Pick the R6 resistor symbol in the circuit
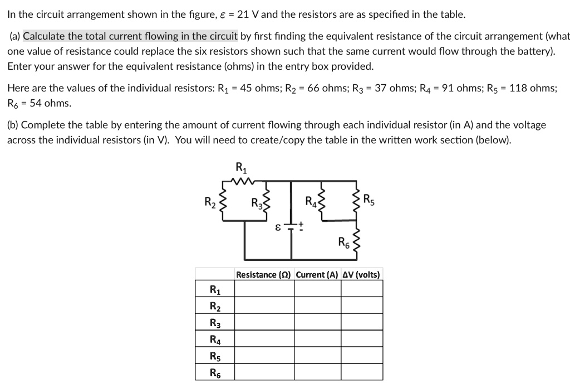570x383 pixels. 356,241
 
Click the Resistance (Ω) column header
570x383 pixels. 264,274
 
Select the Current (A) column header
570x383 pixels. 317,274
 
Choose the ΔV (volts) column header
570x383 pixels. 362,274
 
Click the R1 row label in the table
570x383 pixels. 215,289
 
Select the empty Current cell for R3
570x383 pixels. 317,322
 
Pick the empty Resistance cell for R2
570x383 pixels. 264,306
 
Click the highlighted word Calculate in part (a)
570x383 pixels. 45,37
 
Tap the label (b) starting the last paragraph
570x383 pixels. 13,125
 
